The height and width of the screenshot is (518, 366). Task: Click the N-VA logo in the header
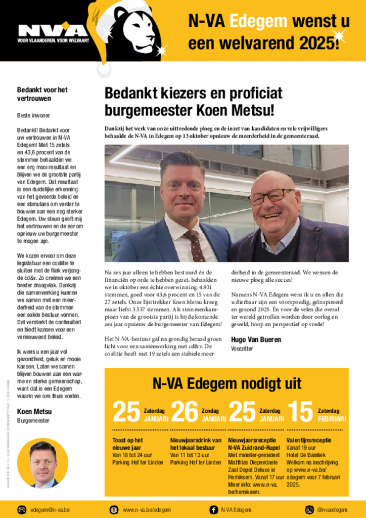tap(53, 31)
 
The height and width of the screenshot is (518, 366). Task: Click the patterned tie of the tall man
tap(194, 245)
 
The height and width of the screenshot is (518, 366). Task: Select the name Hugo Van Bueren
tap(256, 339)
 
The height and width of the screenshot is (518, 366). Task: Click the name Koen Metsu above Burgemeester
tap(34, 411)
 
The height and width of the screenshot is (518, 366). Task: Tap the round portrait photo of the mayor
tap(42, 462)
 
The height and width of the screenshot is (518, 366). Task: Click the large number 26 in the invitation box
tap(185, 412)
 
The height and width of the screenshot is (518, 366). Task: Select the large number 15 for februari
tap(300, 412)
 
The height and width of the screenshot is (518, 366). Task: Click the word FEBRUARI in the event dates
tap(332, 419)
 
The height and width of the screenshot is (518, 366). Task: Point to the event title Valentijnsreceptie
tap(309, 440)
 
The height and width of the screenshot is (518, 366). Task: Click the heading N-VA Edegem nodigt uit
tap(226, 383)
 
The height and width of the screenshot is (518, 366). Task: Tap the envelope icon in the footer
tap(22, 509)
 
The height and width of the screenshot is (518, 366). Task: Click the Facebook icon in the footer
tap(213, 509)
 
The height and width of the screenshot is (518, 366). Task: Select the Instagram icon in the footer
tap(309, 509)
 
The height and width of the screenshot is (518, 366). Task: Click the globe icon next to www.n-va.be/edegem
tap(114, 509)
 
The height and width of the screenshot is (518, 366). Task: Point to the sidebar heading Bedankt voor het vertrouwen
tap(42, 94)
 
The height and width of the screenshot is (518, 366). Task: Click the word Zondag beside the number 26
tap(210, 411)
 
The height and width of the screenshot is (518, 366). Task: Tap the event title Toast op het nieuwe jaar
tap(127, 444)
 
